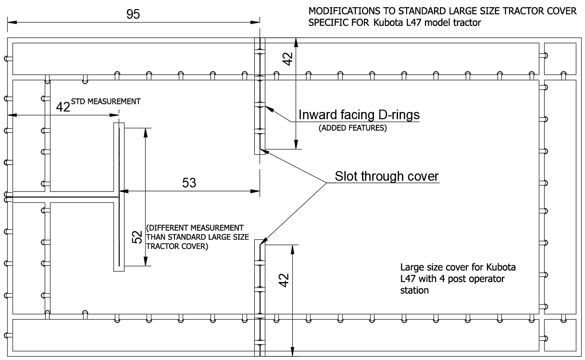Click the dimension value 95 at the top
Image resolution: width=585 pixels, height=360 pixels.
point(133,14)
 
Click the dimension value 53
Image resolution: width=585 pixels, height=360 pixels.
point(189,183)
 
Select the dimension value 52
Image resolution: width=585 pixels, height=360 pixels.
point(137,237)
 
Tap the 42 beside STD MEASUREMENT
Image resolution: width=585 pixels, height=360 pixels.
point(63,107)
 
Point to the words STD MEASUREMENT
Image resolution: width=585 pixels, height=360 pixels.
point(106,101)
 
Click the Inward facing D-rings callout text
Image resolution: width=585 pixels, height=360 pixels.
point(359,115)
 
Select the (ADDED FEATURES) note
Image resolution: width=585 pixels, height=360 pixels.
point(352,128)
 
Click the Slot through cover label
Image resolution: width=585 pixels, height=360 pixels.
point(387,176)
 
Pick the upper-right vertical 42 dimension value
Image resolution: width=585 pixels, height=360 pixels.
point(287,59)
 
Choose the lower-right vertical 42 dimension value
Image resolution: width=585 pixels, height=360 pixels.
point(284,280)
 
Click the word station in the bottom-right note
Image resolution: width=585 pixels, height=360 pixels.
point(414,290)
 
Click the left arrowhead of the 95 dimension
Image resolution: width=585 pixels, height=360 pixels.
point(12,22)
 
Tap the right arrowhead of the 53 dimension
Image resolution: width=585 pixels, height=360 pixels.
point(255,191)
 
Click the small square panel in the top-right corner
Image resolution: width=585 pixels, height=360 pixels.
point(560,59)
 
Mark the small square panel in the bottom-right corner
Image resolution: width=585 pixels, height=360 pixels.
point(560,335)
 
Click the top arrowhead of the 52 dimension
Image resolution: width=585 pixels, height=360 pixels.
point(146,133)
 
